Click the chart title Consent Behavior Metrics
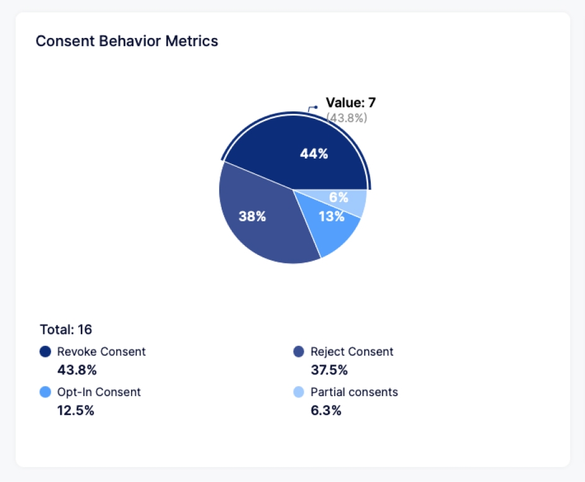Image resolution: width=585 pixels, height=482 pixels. (x=127, y=41)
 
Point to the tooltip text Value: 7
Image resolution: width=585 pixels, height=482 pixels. (x=351, y=103)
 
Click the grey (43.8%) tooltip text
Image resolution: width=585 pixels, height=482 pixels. (x=347, y=118)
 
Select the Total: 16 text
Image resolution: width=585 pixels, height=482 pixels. (x=66, y=329)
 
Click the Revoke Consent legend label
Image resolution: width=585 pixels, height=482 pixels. (x=101, y=351)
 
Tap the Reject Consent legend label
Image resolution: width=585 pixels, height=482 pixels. (x=351, y=351)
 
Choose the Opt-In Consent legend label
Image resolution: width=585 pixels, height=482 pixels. (x=99, y=392)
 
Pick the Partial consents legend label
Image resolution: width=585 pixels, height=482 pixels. (x=354, y=392)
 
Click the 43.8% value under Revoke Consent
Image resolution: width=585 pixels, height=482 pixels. (x=77, y=370)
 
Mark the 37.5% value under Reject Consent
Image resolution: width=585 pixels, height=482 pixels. (x=329, y=370)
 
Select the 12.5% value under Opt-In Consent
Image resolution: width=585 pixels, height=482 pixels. (x=76, y=410)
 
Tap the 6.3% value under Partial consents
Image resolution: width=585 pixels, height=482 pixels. (x=326, y=410)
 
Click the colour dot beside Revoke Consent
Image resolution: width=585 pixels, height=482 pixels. (x=45, y=352)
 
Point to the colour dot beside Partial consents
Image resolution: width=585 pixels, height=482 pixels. (x=299, y=392)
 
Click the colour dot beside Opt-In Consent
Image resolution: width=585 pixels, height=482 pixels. (x=45, y=392)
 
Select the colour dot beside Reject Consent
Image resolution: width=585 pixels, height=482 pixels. (x=299, y=352)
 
